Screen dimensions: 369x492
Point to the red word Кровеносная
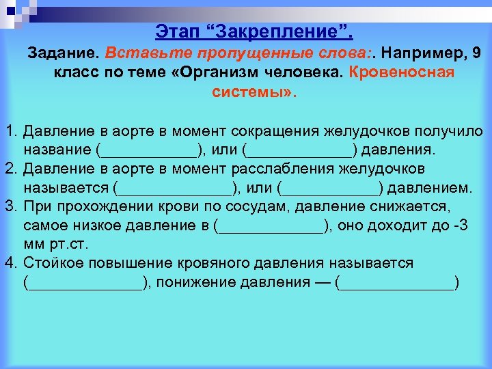[x=402, y=72]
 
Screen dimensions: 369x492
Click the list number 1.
[x=11, y=131]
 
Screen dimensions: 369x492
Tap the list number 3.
[x=11, y=206]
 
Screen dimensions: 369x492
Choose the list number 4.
[x=11, y=263]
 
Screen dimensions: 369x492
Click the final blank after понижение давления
[x=397, y=282]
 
